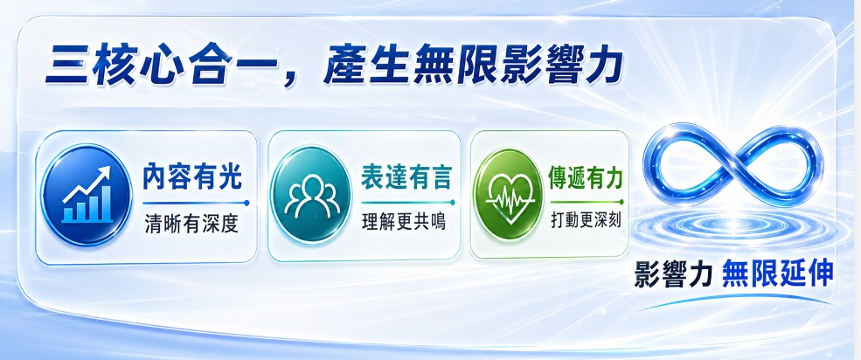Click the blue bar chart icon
[87, 195]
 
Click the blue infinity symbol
[733, 164]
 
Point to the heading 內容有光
[191, 177]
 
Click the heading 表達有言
[406, 177]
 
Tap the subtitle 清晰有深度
[191, 224]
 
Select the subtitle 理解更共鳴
[404, 222]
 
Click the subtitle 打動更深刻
[586, 220]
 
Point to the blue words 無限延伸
[778, 273]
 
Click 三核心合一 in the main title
[160, 66]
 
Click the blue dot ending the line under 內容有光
[246, 203]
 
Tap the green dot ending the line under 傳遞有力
[621, 202]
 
